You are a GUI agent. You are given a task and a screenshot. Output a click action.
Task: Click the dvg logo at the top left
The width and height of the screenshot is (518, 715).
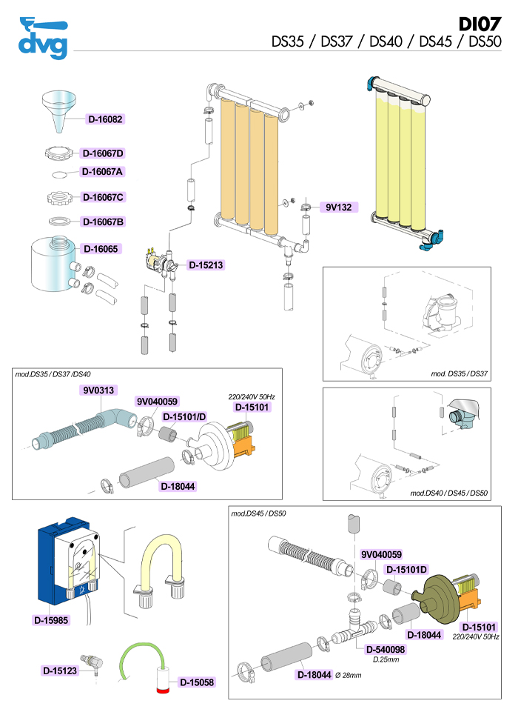[43, 38]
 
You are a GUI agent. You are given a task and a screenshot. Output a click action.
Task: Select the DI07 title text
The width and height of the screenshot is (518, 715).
[480, 24]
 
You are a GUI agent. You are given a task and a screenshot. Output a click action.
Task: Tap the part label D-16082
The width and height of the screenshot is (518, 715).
[105, 119]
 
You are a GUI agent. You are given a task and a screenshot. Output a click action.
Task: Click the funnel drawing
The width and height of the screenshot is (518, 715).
[60, 107]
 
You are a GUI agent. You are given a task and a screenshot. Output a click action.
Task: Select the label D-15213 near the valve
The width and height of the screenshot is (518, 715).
[206, 265]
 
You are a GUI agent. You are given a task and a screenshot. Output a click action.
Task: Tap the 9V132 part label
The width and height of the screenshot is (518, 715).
[338, 207]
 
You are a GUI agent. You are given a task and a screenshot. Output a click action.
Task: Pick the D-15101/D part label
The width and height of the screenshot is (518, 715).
[184, 416]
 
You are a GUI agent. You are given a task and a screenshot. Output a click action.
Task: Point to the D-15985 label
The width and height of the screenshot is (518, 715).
[53, 619]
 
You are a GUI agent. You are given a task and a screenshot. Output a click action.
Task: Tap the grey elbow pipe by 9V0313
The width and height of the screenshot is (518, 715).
[114, 418]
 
